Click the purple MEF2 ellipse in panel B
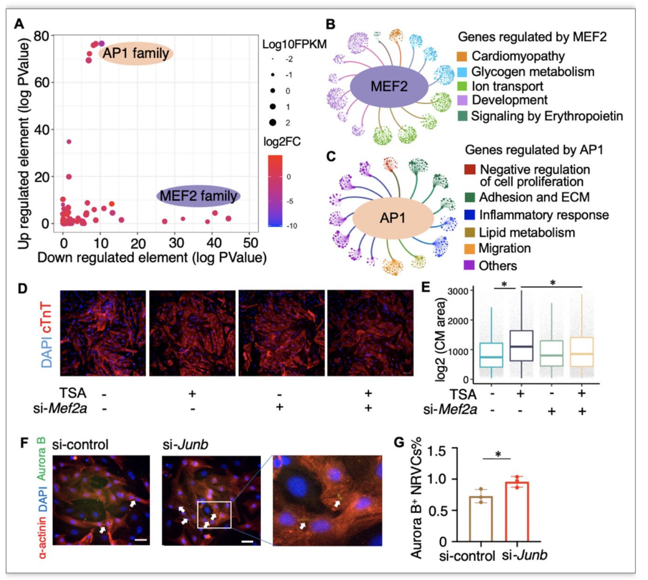point(389,87)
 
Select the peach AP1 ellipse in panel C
point(393,218)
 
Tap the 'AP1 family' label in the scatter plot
point(136,54)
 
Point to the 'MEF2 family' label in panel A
point(198,196)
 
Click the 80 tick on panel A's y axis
point(41,36)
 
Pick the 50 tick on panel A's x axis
point(250,243)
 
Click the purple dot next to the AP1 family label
point(101,43)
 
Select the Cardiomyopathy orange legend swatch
point(462,56)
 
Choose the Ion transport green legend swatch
point(462,86)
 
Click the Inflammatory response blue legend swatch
point(470,215)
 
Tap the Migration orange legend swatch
point(470,249)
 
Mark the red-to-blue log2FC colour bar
point(275,191)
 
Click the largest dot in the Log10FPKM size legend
point(272,122)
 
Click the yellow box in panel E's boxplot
point(582,351)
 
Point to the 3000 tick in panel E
point(458,291)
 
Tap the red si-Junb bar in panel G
point(517,512)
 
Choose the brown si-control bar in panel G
point(481,519)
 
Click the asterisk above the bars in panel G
point(498,454)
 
